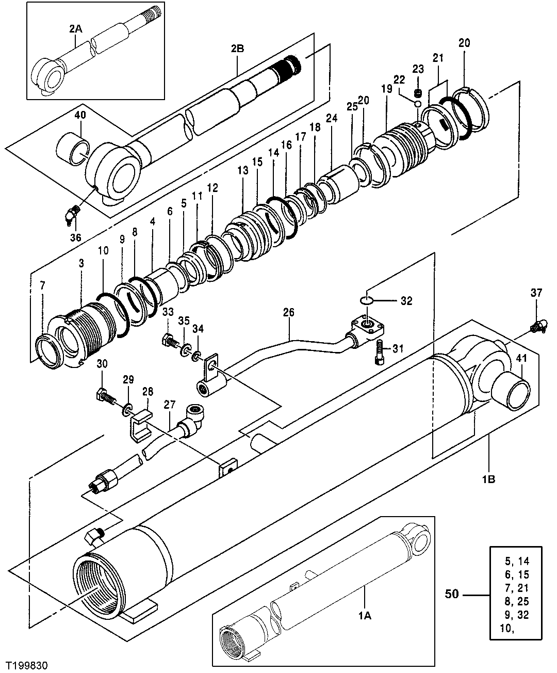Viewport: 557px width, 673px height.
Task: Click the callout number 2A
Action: click(75, 30)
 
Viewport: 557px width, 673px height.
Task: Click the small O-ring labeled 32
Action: click(366, 300)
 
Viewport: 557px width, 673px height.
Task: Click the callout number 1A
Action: click(365, 615)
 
